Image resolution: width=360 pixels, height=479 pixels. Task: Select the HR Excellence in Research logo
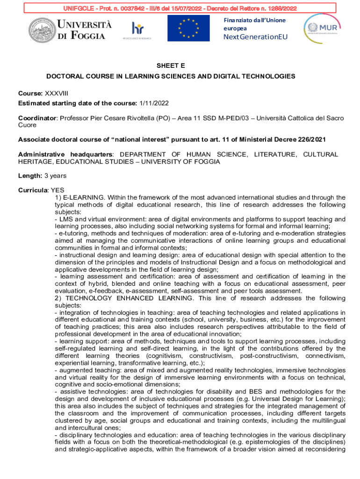137,30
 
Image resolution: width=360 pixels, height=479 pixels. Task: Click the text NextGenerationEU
255,37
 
